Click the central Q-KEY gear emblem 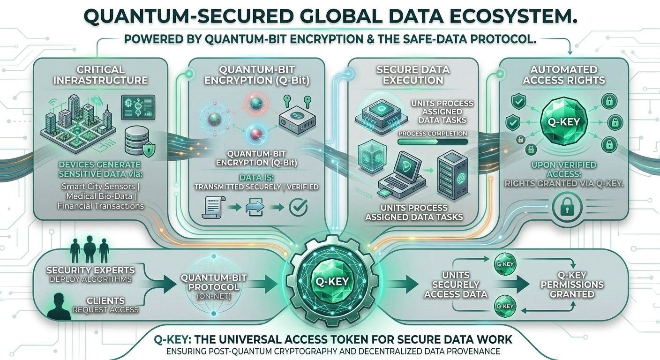pyautogui.click(x=330, y=282)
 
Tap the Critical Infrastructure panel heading pyautogui.click(x=101, y=75)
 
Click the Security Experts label pyautogui.click(x=90, y=270)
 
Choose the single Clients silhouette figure pyautogui.click(x=60, y=307)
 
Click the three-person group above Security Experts pyautogui.click(x=89, y=251)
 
